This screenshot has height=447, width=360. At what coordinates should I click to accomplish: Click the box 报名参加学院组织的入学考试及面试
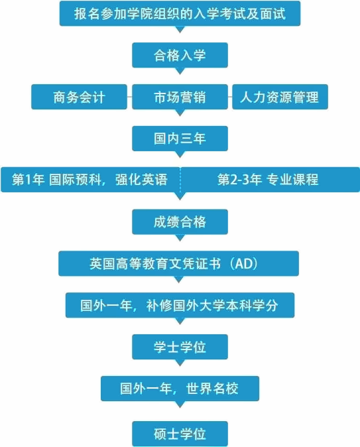pos(180,13)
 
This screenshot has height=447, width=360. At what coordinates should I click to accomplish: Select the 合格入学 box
pos(180,55)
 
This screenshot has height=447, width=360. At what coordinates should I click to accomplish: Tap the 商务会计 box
pos(79,97)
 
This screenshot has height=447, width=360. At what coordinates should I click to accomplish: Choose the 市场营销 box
pos(180,97)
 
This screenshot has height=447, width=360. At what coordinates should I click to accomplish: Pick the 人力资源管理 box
pos(280,97)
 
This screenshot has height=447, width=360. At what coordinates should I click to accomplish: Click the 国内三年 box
pos(180,138)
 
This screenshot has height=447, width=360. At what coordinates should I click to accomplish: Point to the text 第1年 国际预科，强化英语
pos(90,180)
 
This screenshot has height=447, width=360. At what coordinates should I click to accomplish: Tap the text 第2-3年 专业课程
pos(268,180)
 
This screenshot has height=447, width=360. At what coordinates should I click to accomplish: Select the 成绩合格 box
pos(180,222)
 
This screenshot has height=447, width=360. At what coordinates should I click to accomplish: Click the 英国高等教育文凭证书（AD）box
pos(179,263)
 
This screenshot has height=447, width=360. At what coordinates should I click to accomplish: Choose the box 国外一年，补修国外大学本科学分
pos(180,305)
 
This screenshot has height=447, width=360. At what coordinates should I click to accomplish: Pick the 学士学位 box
pos(180,347)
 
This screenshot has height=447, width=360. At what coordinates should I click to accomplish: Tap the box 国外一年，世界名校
pos(180,388)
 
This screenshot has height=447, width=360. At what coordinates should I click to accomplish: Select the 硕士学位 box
pos(180,433)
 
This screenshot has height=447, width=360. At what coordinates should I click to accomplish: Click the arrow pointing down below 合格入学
pos(180,71)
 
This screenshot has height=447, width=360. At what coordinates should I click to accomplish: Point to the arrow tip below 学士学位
pos(180,366)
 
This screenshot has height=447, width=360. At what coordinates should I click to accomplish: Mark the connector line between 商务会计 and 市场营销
pos(130,97)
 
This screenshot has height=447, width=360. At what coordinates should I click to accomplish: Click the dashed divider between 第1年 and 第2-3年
pos(180,180)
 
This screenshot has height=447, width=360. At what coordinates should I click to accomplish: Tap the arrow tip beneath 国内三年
pos(180,158)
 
